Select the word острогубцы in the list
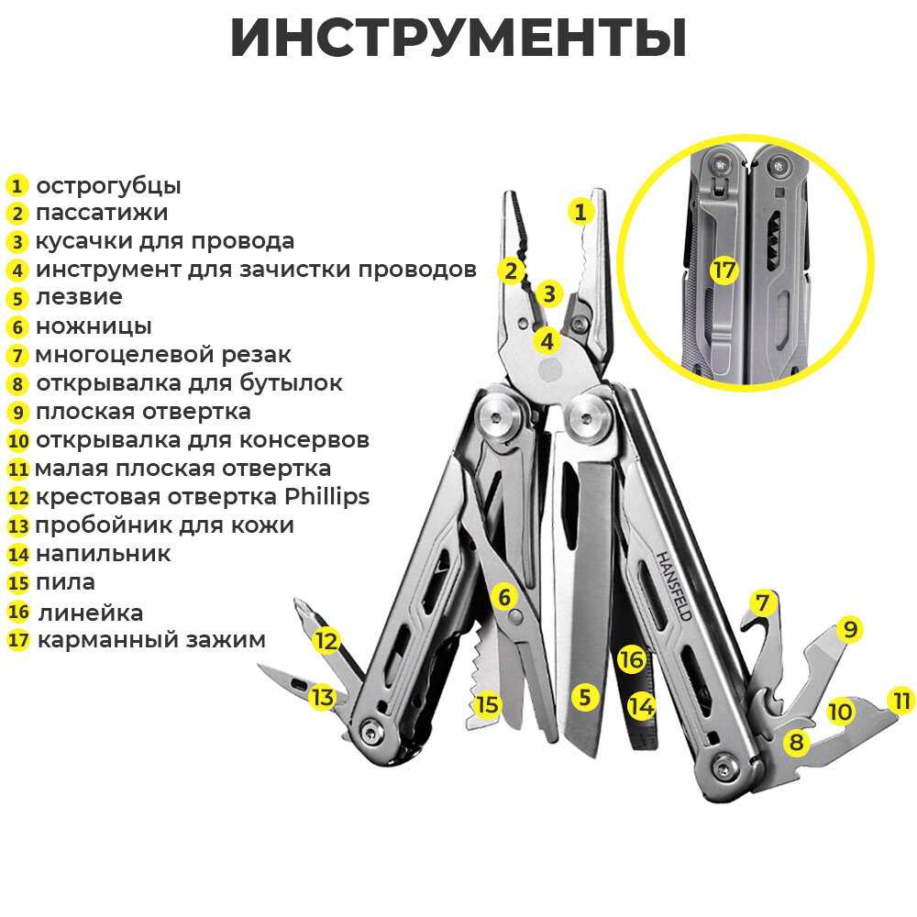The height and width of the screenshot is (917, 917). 108,185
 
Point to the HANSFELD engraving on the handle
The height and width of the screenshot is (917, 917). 674,586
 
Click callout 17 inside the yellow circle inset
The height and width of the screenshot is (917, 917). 724,271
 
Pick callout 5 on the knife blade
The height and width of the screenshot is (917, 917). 584,696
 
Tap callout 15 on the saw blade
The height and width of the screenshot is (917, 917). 487,704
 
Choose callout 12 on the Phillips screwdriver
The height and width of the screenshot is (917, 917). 326,640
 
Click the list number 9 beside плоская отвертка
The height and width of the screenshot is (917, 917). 17,412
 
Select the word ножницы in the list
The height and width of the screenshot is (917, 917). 94,326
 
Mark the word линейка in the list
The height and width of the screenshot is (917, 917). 90,613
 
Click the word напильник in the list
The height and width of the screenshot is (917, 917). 103,554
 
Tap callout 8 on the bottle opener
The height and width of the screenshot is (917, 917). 796,742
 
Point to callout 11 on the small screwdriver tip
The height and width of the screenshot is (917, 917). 902,702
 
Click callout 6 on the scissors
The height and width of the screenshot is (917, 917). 503,597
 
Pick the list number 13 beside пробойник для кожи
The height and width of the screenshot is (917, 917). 18,526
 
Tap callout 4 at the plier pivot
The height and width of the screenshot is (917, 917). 547,341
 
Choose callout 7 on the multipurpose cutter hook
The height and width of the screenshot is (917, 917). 761,603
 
